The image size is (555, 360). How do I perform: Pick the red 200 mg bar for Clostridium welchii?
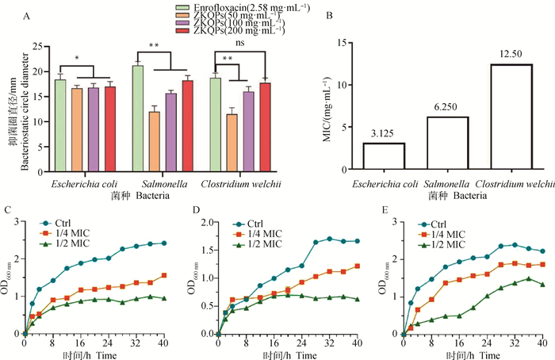coord(266,127)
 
